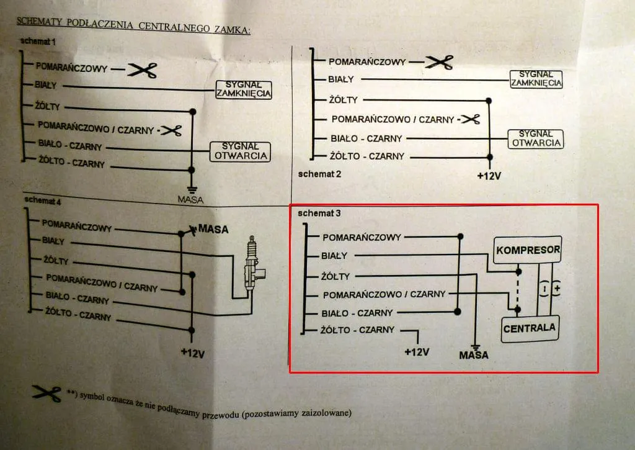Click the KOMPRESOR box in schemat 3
[527, 250]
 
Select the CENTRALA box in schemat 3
[529, 328]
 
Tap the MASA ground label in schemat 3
[474, 355]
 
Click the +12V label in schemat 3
[417, 352]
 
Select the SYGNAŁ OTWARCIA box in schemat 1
[241, 151]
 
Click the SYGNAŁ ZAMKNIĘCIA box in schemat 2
[536, 79]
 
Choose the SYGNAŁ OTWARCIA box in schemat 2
[535, 138]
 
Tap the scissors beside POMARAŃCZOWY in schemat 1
[141, 70]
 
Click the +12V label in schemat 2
[489, 176]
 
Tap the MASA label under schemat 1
[190, 200]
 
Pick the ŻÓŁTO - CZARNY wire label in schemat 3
[358, 330]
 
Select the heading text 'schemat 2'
[319, 174]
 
